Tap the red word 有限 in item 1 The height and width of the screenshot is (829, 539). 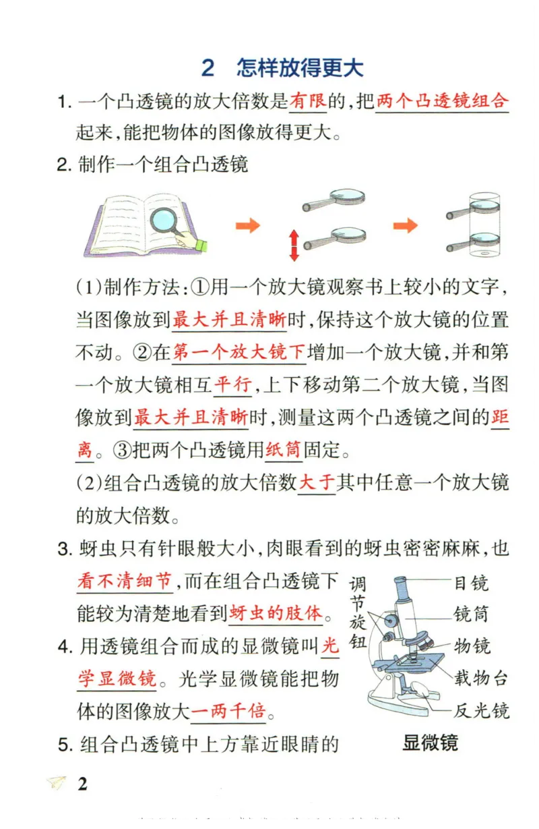[x=308, y=103]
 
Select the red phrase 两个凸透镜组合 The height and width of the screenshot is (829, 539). [x=441, y=103]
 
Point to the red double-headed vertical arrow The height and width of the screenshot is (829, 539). [x=294, y=245]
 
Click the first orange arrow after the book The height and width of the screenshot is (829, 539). [x=247, y=226]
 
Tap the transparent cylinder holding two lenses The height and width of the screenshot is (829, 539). [x=484, y=226]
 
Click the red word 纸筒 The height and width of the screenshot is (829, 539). [x=283, y=449]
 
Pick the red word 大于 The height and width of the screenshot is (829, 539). [x=316, y=483]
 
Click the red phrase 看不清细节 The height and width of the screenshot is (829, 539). [x=125, y=581]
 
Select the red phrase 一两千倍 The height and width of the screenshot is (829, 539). [x=228, y=711]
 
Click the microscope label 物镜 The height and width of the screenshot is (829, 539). [x=472, y=646]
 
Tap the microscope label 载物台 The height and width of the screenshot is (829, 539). [x=480, y=678]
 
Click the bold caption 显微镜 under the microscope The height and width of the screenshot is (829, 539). [x=430, y=743]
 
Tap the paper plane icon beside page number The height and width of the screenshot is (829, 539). [x=57, y=783]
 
